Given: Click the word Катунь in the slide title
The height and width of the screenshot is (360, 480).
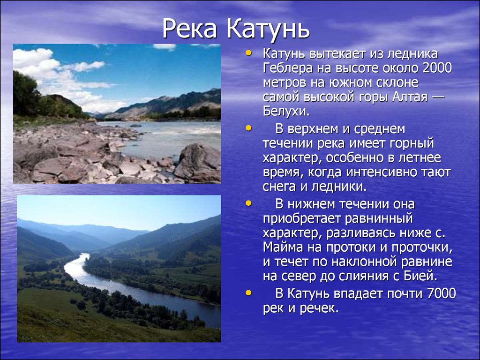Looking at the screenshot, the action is [268, 30].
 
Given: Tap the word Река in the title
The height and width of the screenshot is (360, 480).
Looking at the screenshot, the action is [190, 30].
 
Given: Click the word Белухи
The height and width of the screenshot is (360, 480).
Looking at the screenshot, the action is [286, 112].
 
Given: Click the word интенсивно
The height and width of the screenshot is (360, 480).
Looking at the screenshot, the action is [386, 172].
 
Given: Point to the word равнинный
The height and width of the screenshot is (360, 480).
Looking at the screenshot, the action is [379, 218].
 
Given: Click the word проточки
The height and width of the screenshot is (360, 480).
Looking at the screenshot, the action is [422, 248].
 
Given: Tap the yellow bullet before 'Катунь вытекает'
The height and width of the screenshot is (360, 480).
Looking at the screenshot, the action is [248, 53].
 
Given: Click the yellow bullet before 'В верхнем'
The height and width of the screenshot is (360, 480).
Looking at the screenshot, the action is [248, 128].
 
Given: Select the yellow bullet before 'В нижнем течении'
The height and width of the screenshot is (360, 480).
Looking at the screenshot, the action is [248, 203].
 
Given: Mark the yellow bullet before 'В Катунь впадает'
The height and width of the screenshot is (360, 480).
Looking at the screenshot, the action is [248, 293].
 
